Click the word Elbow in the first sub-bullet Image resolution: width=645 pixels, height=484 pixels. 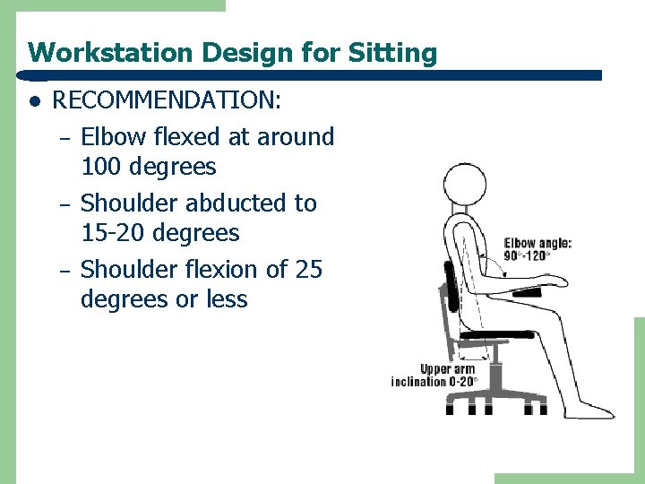pos(109,137)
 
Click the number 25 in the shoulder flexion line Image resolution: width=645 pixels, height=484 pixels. pos(307,269)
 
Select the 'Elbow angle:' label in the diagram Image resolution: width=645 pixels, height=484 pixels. pos(537,243)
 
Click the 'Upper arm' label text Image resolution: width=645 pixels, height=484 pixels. pos(447,369)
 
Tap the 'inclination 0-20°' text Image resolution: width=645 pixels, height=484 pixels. pos(434,381)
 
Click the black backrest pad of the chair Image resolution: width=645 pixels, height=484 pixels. pos(450,284)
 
